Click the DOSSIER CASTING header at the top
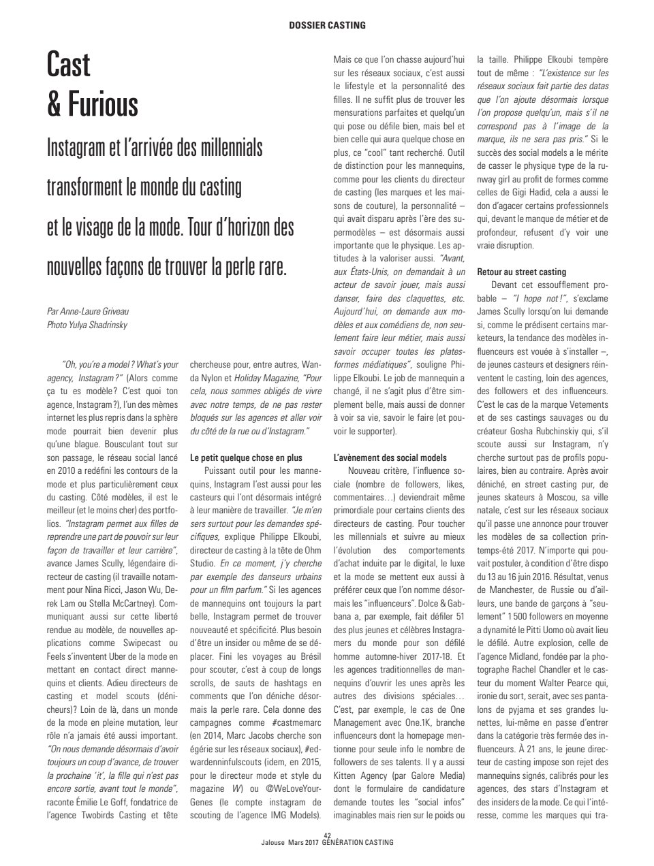pyautogui.click(x=327, y=25)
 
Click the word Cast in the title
pyautogui.click(x=68, y=66)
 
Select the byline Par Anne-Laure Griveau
pyautogui.click(x=87, y=311)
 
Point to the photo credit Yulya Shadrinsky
pyautogui.click(x=97, y=325)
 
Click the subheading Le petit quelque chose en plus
pyautogui.click(x=246, y=458)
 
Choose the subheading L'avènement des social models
pyautogui.click(x=390, y=458)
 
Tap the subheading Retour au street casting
pyautogui.click(x=522, y=272)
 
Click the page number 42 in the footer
pyautogui.click(x=327, y=835)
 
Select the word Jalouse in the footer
pyautogui.click(x=273, y=843)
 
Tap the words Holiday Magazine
pyautogui.click(x=265, y=378)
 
